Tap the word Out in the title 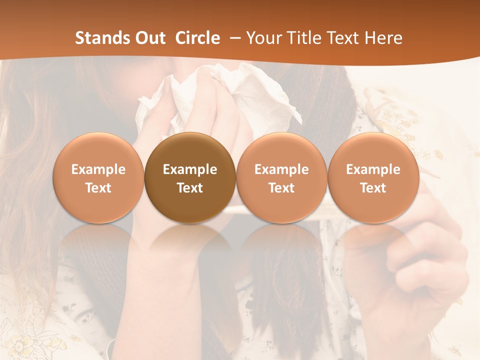point(149,38)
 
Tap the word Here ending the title point(383,38)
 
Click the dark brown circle point(190,177)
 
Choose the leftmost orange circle point(98,177)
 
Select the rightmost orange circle point(373,177)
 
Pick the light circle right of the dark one point(281,177)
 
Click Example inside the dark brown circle point(190,169)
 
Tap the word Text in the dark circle point(190,188)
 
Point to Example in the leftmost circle point(98,169)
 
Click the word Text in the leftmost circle point(98,188)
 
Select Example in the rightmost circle point(373,169)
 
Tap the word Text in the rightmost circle point(373,188)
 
